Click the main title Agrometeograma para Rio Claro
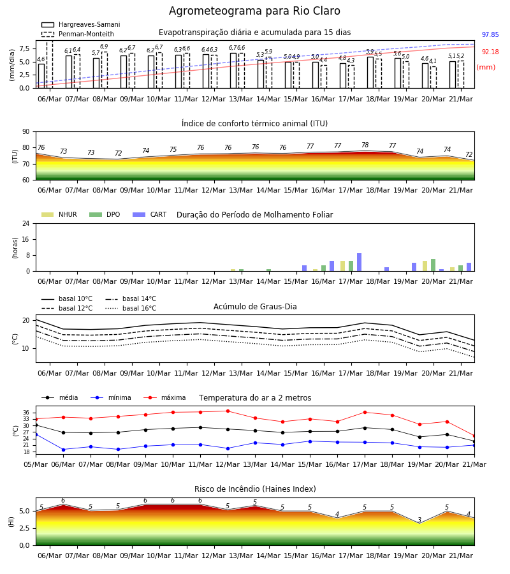254,11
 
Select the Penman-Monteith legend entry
78,34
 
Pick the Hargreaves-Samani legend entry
80,24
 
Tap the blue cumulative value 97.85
490,35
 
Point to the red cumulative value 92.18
490,52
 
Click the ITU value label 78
365,145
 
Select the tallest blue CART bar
360,262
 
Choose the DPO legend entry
105,214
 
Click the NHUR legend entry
59,214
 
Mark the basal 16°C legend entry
131,308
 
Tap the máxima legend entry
165,397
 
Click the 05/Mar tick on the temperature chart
36,464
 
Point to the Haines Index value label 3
419,520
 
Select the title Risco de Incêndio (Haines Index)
255,489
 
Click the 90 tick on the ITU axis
26,132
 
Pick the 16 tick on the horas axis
26,239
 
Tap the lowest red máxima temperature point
474,436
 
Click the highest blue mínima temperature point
36,434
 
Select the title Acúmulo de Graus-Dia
255,306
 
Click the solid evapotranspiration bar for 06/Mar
41,76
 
